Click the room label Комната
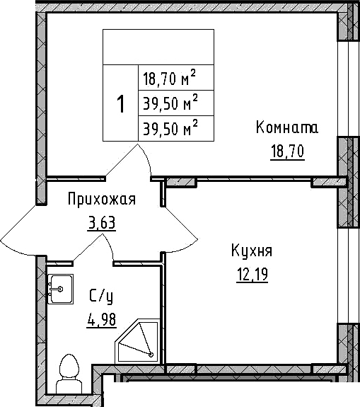coord(286,128)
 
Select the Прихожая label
coord(101,200)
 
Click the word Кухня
coord(251,251)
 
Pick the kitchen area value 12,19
coord(251,274)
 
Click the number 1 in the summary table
coord(120,104)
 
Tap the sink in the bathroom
coord(61,289)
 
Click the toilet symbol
coord(69,372)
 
